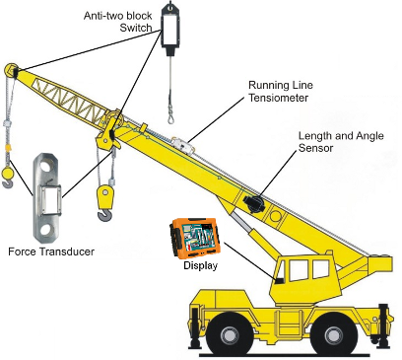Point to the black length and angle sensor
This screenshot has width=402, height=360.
click(252, 202)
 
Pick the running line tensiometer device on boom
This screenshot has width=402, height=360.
click(180, 143)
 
